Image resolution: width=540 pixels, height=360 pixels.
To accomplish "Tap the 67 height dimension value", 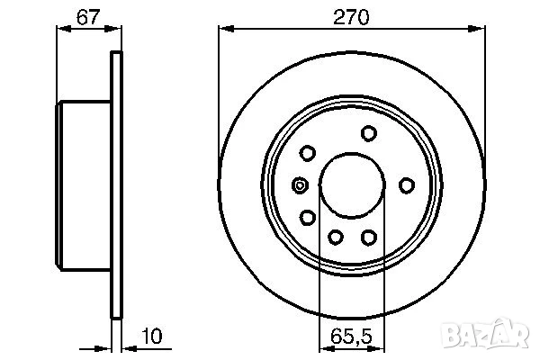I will coord(87,15).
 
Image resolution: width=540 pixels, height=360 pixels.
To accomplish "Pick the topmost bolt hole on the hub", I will coord(367,134).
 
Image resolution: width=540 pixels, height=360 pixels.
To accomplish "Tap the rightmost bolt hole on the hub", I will coord(407,185).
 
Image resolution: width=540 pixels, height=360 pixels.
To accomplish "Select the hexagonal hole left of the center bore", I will coord(300,185).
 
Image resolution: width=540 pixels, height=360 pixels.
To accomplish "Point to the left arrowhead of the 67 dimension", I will coord(62,29).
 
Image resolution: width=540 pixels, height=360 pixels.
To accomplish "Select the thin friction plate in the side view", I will coord(115,185).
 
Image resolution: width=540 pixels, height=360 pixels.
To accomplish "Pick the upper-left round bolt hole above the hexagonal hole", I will coord(308,152).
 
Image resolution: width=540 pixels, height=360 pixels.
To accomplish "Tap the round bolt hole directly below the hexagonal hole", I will coord(308,218).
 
